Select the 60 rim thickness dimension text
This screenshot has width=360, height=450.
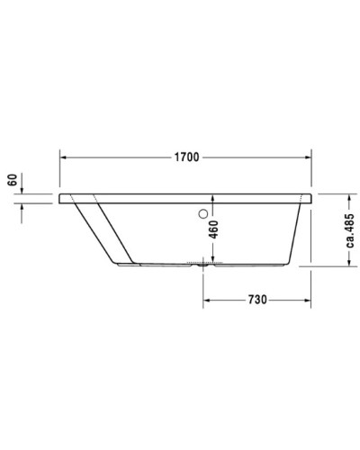(x=12, y=179)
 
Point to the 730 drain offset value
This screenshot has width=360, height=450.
(x=257, y=300)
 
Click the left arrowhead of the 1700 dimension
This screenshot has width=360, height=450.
(x=64, y=156)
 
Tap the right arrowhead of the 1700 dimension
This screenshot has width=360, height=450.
(x=307, y=156)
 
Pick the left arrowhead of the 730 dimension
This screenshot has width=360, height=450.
(x=208, y=300)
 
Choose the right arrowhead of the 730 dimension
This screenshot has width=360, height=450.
(x=307, y=300)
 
